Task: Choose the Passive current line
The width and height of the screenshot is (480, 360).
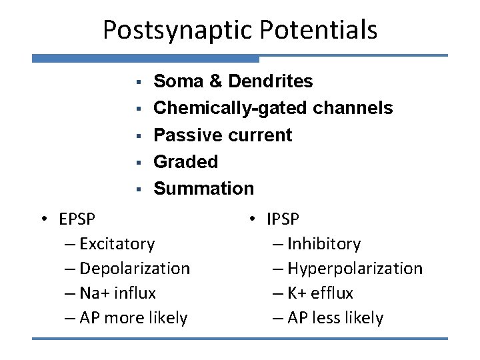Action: tap(223, 135)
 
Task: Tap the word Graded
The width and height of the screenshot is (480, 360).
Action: tap(185, 161)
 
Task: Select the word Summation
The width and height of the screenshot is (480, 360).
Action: tap(203, 188)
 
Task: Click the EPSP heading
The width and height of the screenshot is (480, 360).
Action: tap(76, 219)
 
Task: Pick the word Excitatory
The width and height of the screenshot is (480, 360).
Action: tap(117, 244)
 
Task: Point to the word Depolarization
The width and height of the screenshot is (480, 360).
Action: tap(134, 269)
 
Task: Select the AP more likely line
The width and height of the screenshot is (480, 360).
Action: tap(133, 318)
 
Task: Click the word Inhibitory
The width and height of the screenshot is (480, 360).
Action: tap(324, 244)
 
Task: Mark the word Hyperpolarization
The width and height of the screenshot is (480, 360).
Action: tap(355, 269)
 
